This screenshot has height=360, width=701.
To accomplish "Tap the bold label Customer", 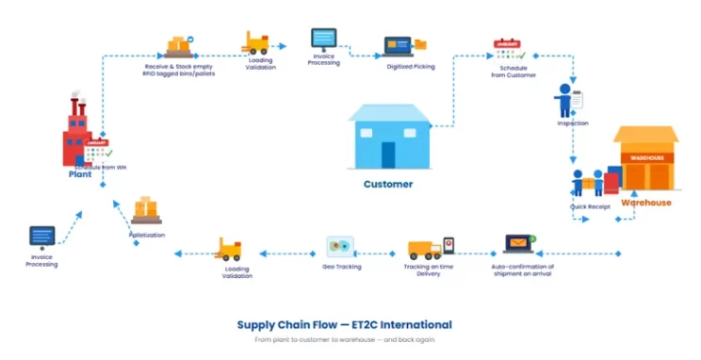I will (388, 185).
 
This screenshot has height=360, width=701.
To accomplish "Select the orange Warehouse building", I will (645, 160).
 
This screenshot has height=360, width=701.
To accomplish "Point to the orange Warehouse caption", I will (645, 203).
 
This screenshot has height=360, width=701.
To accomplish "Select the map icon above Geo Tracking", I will (339, 247).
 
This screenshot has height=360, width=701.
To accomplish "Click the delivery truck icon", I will (427, 249).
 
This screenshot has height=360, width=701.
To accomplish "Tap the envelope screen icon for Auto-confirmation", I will (519, 245).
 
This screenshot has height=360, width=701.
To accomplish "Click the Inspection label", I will (573, 123).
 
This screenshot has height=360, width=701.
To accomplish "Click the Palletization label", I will (147, 234).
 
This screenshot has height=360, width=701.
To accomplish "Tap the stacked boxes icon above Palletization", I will (147, 209).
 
